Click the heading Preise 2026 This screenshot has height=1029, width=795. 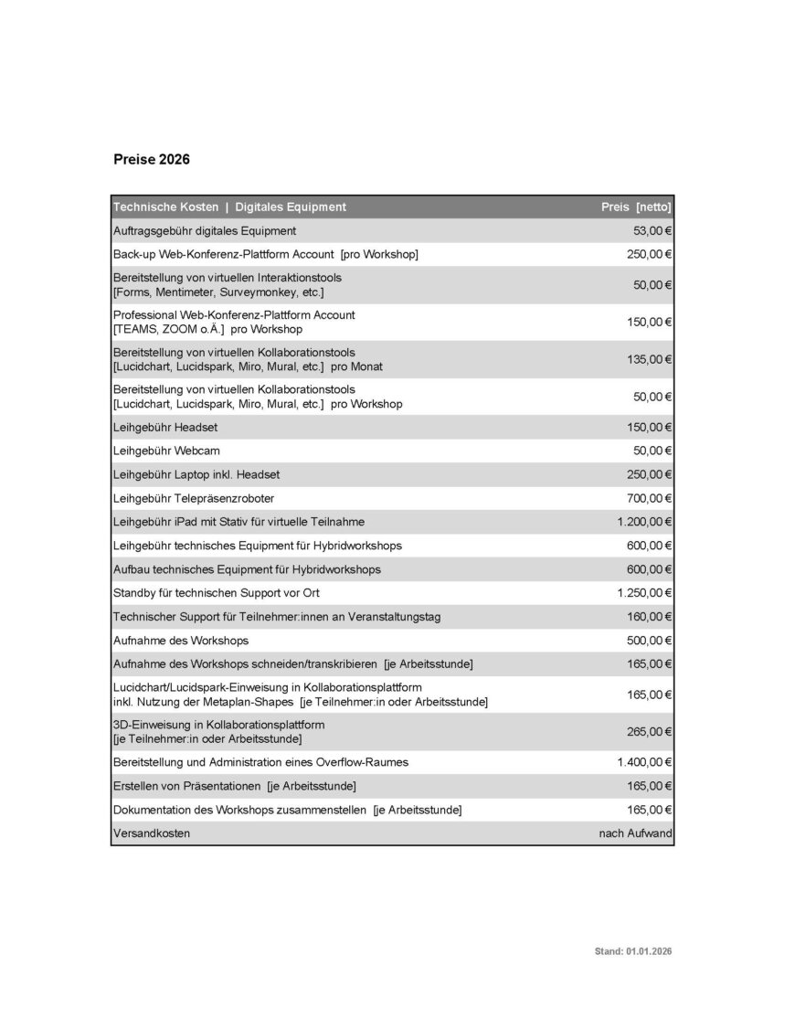click(x=152, y=159)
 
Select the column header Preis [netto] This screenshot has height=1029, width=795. click(x=636, y=207)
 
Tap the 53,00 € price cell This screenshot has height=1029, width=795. click(x=652, y=231)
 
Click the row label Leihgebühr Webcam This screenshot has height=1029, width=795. click(x=166, y=451)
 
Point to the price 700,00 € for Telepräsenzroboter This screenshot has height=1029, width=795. click(x=647, y=498)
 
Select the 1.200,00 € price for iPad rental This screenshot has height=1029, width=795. click(x=644, y=522)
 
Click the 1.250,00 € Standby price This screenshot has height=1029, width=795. click(x=644, y=593)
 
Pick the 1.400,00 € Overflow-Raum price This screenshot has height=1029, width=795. click(x=644, y=762)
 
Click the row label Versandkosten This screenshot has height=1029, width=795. click(x=152, y=833)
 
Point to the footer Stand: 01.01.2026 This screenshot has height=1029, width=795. click(x=633, y=951)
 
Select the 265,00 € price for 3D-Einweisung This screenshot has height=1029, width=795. click(x=649, y=731)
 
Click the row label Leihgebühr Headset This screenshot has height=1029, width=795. click(x=165, y=427)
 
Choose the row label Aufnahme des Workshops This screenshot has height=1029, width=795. click(x=181, y=641)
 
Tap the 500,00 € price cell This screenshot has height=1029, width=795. click(x=649, y=641)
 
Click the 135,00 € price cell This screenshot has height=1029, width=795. click(x=649, y=359)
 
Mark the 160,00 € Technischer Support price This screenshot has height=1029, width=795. click(x=649, y=617)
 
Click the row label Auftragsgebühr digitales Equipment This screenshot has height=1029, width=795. click(x=205, y=231)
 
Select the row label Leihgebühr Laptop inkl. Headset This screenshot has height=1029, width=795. click(x=196, y=474)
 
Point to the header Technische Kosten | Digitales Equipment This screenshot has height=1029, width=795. click(x=229, y=207)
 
